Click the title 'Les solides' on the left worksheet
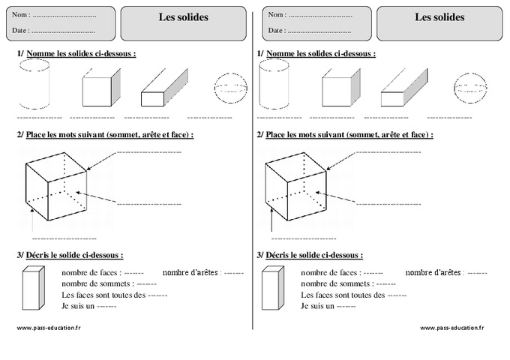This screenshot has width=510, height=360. point(184,17)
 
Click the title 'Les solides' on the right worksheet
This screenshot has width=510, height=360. point(439,17)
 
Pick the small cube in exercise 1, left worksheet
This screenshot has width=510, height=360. point(97,89)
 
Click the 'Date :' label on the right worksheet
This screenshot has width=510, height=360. point(277,31)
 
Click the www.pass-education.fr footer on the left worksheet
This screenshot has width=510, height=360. point(46,328)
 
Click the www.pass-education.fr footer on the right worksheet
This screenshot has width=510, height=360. point(452,328)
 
